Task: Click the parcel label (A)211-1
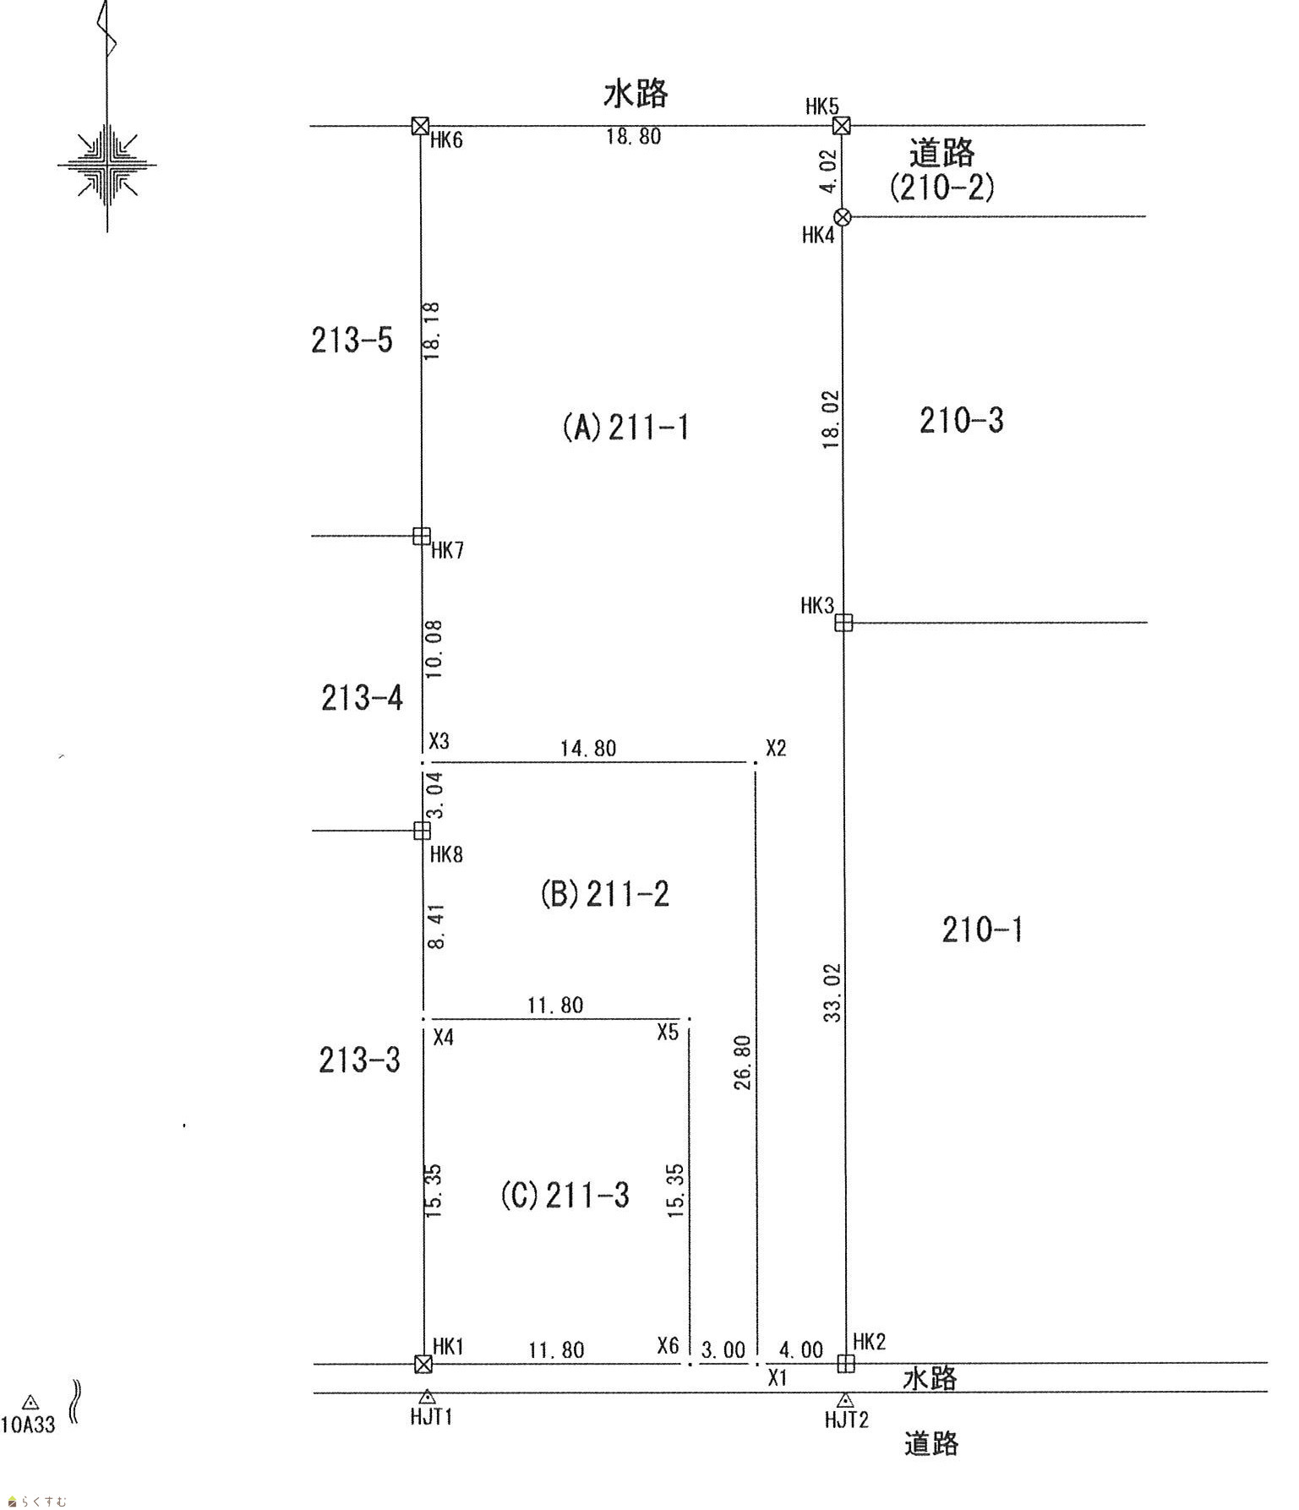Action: tap(625, 428)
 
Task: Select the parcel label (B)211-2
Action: tap(604, 893)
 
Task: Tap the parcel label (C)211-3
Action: tap(565, 1195)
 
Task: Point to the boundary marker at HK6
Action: tap(420, 126)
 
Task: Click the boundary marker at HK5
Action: tap(841, 126)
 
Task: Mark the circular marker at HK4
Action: tap(842, 216)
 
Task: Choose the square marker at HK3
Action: tap(843, 623)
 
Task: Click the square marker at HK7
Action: tap(421, 536)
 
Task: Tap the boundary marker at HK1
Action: tap(423, 1364)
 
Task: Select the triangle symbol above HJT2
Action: tap(844, 1400)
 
